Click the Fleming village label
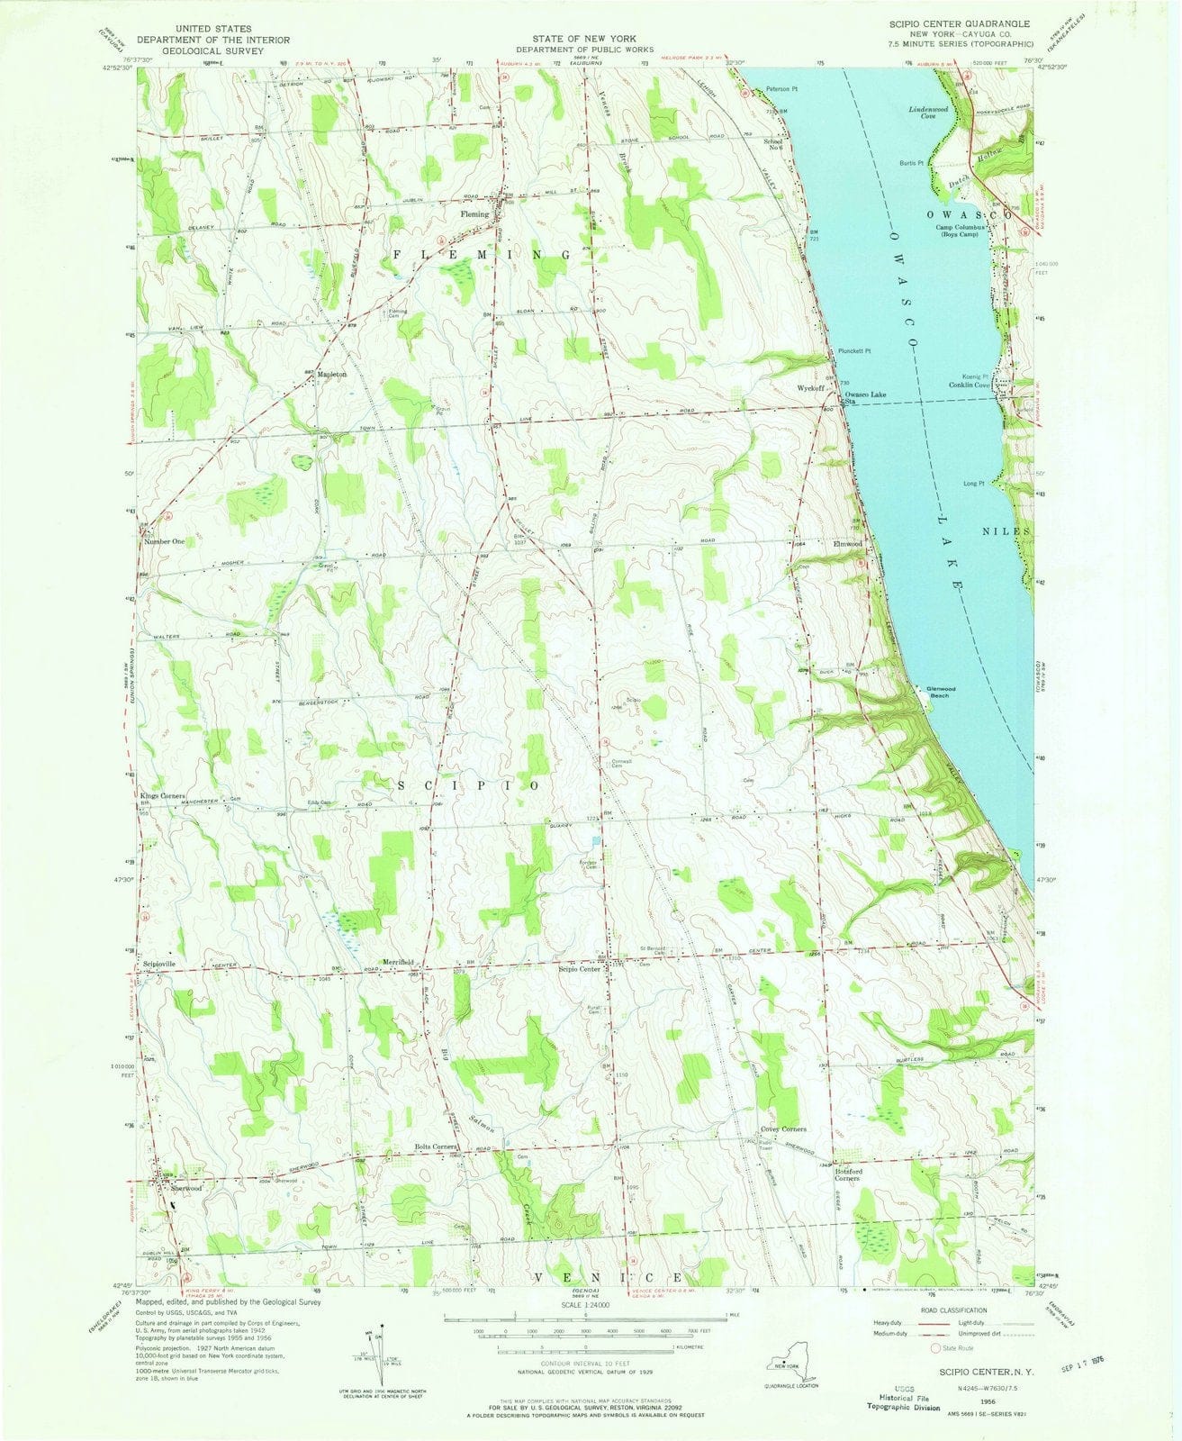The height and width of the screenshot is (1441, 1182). pyautogui.click(x=474, y=214)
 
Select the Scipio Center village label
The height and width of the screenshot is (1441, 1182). pyautogui.click(x=579, y=969)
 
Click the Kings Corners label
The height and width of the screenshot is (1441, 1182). pyautogui.click(x=162, y=796)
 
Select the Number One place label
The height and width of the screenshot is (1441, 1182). pyautogui.click(x=164, y=542)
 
